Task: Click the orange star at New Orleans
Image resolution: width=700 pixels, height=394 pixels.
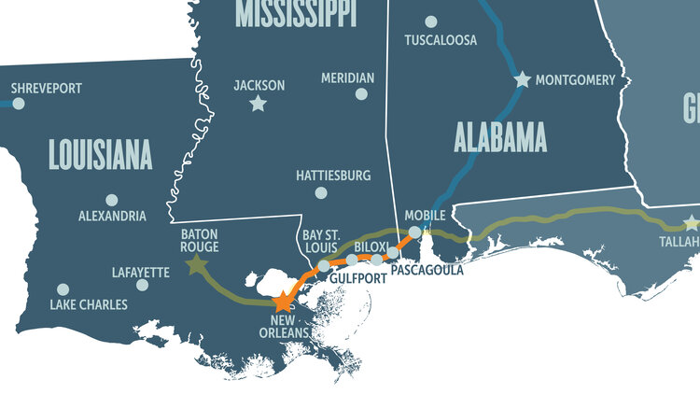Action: point(284,301)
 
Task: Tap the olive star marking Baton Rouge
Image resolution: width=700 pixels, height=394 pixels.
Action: point(196,266)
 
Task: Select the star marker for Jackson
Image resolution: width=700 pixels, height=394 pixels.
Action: point(258,104)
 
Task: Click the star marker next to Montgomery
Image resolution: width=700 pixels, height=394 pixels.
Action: point(523,80)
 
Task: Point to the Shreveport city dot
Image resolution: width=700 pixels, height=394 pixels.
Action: point(18,104)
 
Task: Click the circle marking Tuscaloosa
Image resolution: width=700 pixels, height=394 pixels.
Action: point(430,21)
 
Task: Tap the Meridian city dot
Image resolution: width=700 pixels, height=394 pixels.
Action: point(361,94)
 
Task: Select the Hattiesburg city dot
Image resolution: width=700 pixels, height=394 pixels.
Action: point(321,193)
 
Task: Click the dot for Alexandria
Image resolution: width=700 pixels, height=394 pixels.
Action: point(112,200)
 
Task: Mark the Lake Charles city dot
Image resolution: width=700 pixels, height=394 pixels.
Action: point(63,289)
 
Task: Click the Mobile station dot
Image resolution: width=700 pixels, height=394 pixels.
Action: point(414,231)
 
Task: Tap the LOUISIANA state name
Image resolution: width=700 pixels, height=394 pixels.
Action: point(99,155)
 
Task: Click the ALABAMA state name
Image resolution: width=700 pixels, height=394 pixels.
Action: point(499,138)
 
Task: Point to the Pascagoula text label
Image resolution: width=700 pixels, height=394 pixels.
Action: point(426,271)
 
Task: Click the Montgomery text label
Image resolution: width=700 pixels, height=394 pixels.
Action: point(576,80)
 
